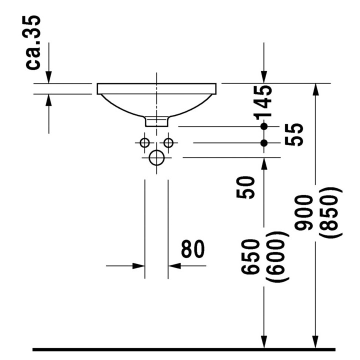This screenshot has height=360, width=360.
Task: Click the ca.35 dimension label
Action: pos(33,42)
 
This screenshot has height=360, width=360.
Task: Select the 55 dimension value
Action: pos(294,134)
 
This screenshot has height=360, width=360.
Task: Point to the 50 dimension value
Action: pos(245,187)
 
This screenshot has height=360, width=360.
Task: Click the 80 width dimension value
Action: pos(193,249)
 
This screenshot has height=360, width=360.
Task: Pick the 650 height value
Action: pos(250,256)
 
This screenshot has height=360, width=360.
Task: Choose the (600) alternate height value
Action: pos(277,257)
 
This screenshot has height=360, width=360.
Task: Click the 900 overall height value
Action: pos(303,213)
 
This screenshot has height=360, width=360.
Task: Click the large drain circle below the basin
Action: pos(157,157)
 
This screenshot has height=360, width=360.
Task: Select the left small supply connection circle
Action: pos(144,143)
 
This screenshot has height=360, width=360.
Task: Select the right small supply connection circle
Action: pos(168,143)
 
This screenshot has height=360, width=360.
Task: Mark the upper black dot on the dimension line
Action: pos(264,126)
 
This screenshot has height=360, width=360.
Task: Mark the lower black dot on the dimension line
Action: pos(264,143)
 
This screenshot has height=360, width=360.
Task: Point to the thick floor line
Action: pos(184,349)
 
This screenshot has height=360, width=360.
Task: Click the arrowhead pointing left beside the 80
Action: pos(174,266)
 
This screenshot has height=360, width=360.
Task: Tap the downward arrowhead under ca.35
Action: pos(48,77)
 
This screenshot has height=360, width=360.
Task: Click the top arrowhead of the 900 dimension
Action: pos(316,89)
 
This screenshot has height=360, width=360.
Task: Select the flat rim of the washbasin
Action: pos(156,89)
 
